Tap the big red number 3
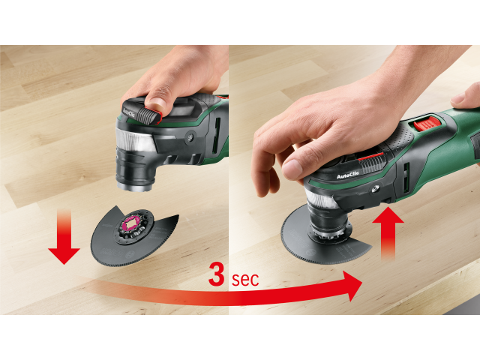click(x=217, y=274)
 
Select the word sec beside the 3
click(x=244, y=279)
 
